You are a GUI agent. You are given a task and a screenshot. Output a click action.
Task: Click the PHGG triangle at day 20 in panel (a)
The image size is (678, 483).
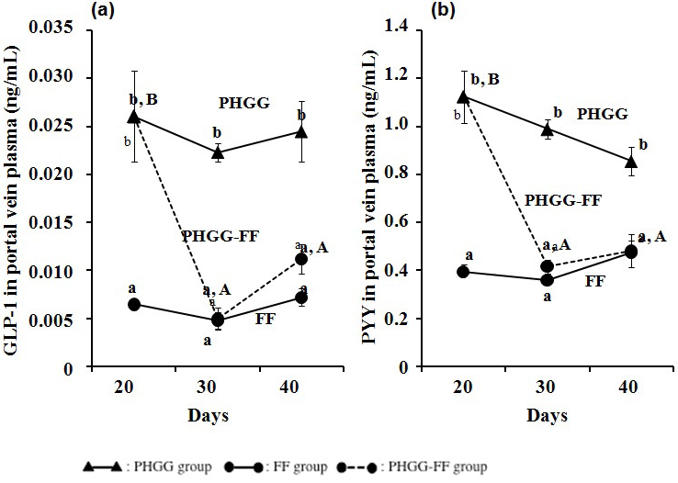click(x=134, y=117)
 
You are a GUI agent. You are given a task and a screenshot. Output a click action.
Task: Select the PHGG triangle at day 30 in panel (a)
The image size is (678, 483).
click(x=218, y=152)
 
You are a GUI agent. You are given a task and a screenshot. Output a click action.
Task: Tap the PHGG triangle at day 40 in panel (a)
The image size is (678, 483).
click(x=301, y=132)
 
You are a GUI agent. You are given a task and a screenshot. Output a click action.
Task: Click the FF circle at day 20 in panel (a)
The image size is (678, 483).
click(x=134, y=304)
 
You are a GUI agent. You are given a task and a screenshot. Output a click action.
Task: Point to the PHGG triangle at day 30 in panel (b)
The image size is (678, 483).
click(x=548, y=129)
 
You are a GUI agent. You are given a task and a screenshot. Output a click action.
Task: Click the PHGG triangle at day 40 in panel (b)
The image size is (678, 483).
click(x=631, y=162)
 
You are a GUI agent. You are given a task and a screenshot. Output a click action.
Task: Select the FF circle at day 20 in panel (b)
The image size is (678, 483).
click(x=464, y=272)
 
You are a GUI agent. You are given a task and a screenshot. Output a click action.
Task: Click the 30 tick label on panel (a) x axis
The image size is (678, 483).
click(x=218, y=389)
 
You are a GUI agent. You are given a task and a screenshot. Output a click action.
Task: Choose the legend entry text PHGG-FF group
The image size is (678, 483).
click(x=440, y=467)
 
